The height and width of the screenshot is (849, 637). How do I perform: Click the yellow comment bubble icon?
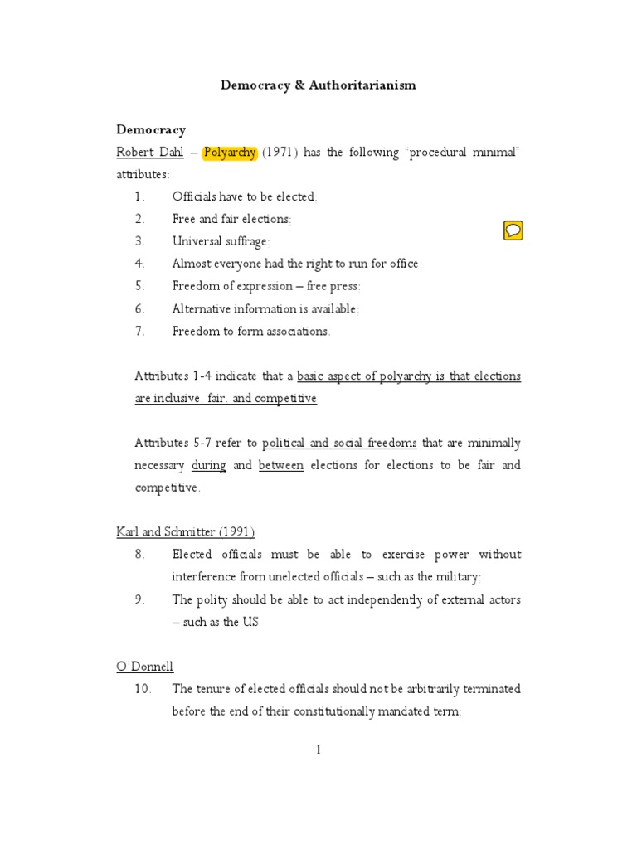(513, 231)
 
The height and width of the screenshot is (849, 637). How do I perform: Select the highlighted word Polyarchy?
(230, 153)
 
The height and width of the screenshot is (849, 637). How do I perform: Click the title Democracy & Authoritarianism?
(318, 85)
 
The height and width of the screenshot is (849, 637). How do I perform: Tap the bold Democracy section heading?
(151, 129)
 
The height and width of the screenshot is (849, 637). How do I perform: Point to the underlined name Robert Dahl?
(150, 153)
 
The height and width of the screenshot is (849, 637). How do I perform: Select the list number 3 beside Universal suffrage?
(139, 241)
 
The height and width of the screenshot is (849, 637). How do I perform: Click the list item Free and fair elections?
(231, 219)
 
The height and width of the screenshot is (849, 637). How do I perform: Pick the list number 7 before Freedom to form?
(139, 331)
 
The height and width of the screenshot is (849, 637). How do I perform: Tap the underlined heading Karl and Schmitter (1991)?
(185, 531)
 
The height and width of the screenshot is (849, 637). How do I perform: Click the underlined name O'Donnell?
(144, 666)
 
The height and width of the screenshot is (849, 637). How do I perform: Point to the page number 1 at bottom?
(318, 750)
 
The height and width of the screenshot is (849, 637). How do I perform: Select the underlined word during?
(208, 465)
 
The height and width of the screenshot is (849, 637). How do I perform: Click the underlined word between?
(281, 465)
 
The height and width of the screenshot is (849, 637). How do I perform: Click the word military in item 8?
(455, 576)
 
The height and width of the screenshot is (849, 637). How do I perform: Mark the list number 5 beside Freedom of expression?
(139, 286)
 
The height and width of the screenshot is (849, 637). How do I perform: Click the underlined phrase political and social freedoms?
(339, 443)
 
